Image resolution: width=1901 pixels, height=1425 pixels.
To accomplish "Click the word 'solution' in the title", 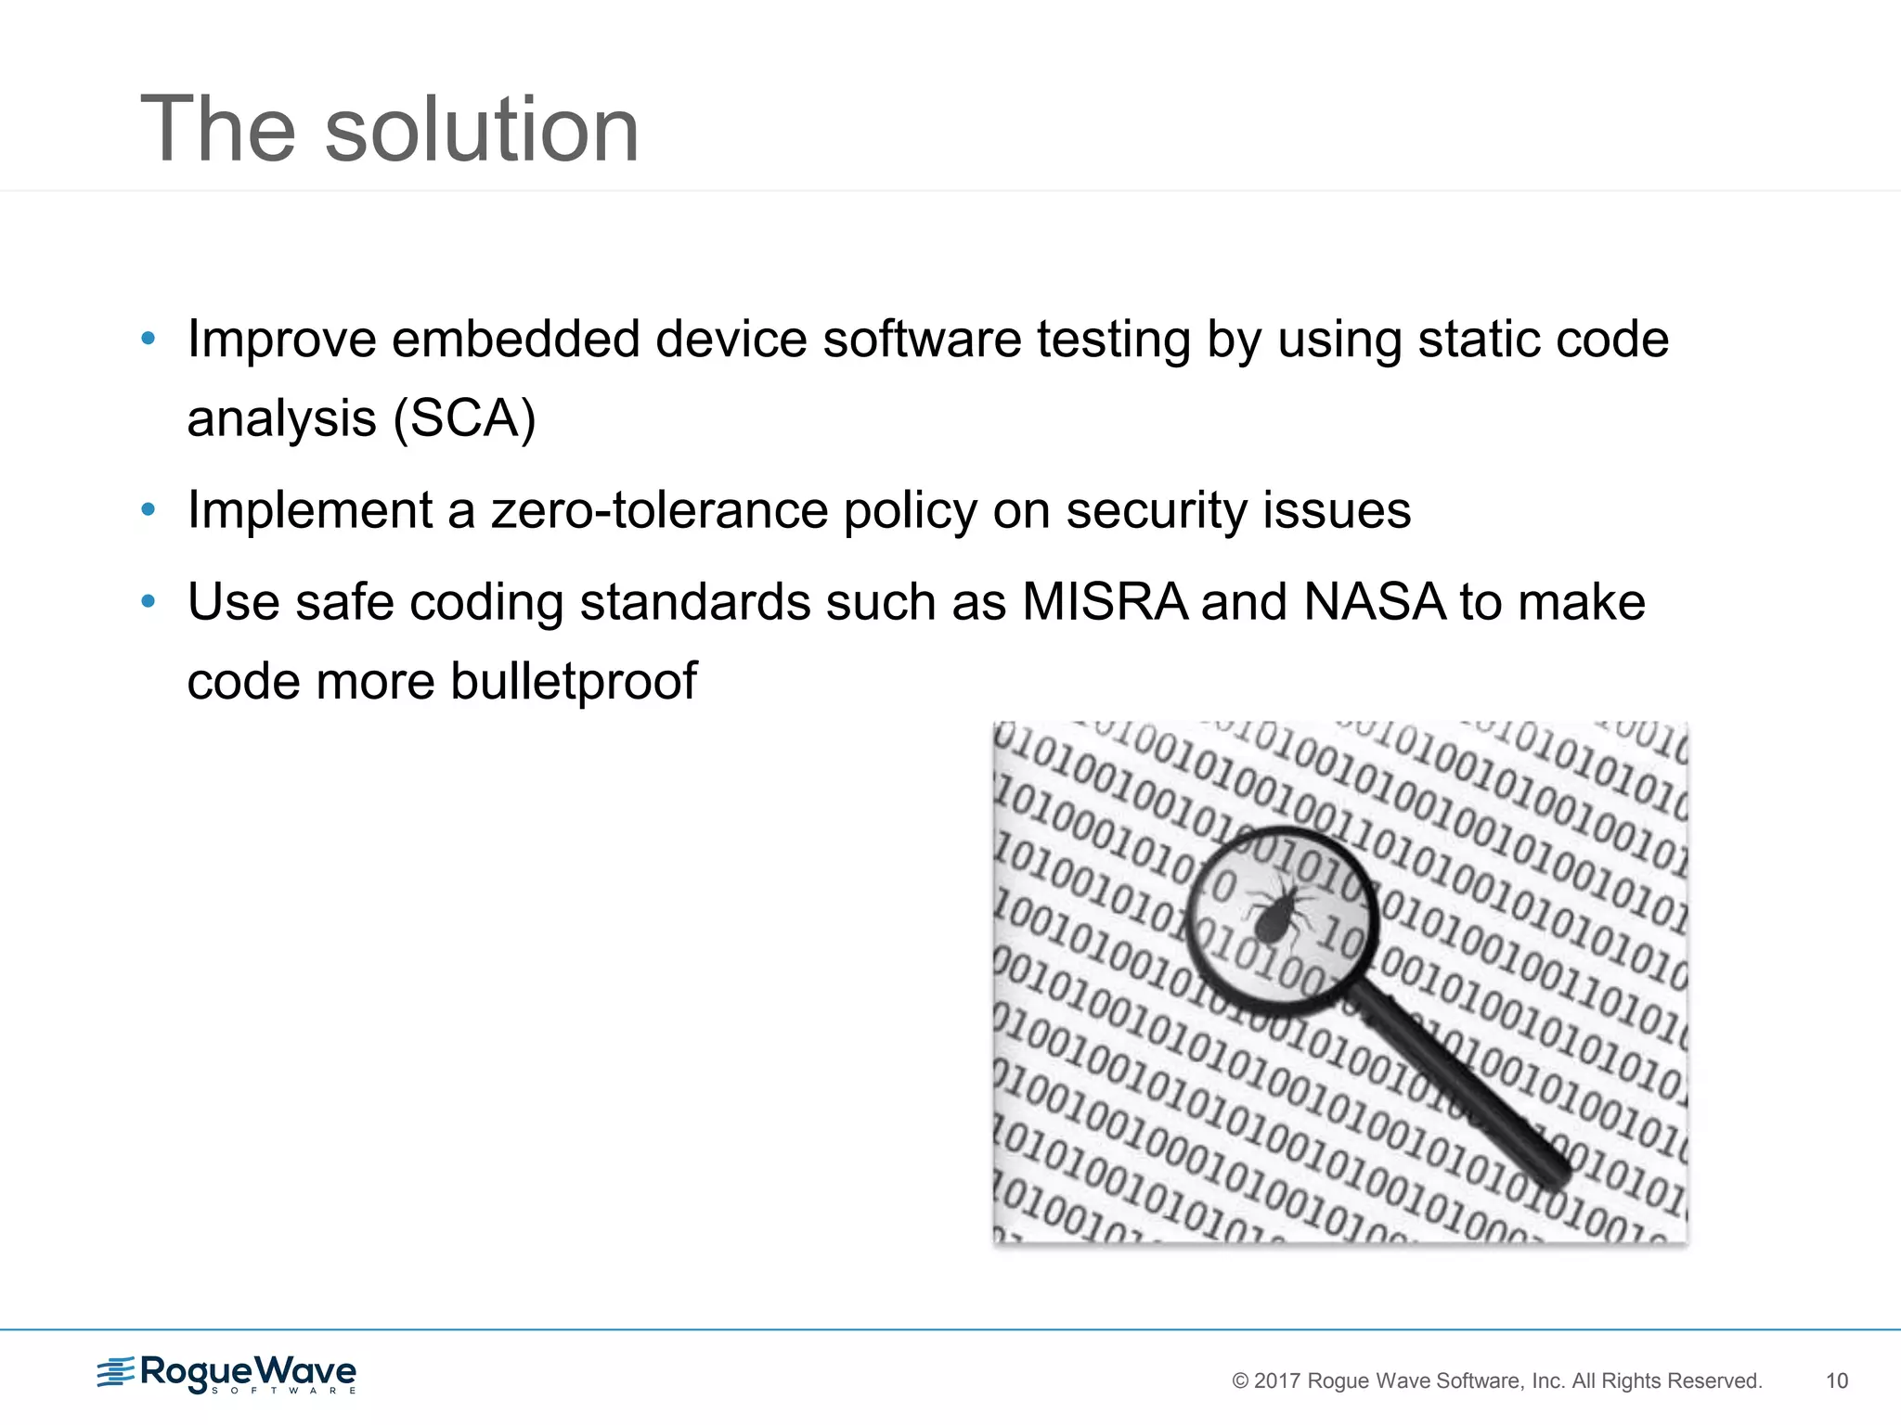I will click(481, 130).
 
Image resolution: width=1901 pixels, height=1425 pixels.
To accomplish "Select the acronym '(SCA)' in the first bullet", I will click(464, 418).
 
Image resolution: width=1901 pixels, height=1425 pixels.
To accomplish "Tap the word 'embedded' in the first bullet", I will click(515, 339).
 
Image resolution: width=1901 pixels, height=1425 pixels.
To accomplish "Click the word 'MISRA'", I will click(1104, 602).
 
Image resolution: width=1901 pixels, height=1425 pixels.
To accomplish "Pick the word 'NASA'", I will click(1374, 602).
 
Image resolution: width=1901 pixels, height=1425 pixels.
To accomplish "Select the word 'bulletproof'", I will click(573, 681).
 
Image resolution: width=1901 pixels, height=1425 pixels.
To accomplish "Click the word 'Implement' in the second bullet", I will click(310, 510).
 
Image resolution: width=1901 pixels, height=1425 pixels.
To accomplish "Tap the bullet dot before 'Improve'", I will click(148, 339).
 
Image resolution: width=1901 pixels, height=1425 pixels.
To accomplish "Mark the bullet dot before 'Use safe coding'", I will click(148, 602).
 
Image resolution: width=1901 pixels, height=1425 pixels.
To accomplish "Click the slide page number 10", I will click(1836, 1381).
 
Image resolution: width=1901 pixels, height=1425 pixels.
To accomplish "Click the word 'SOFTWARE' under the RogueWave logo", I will click(283, 1391).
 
